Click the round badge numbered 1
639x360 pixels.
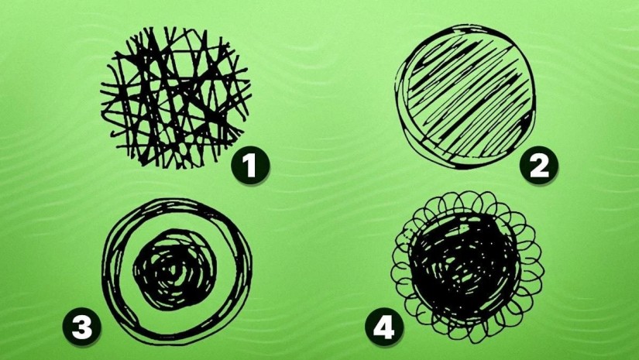tap(250, 166)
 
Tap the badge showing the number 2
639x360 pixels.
tap(539, 166)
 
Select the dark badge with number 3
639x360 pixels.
tap(82, 327)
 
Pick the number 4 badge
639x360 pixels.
tap(384, 327)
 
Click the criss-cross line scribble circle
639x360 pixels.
tap(175, 98)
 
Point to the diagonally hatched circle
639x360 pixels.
tap(465, 97)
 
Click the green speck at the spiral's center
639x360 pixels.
tap(175, 270)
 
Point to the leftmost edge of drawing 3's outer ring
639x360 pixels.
tap(105, 271)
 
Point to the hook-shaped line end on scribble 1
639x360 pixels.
tap(115, 134)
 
